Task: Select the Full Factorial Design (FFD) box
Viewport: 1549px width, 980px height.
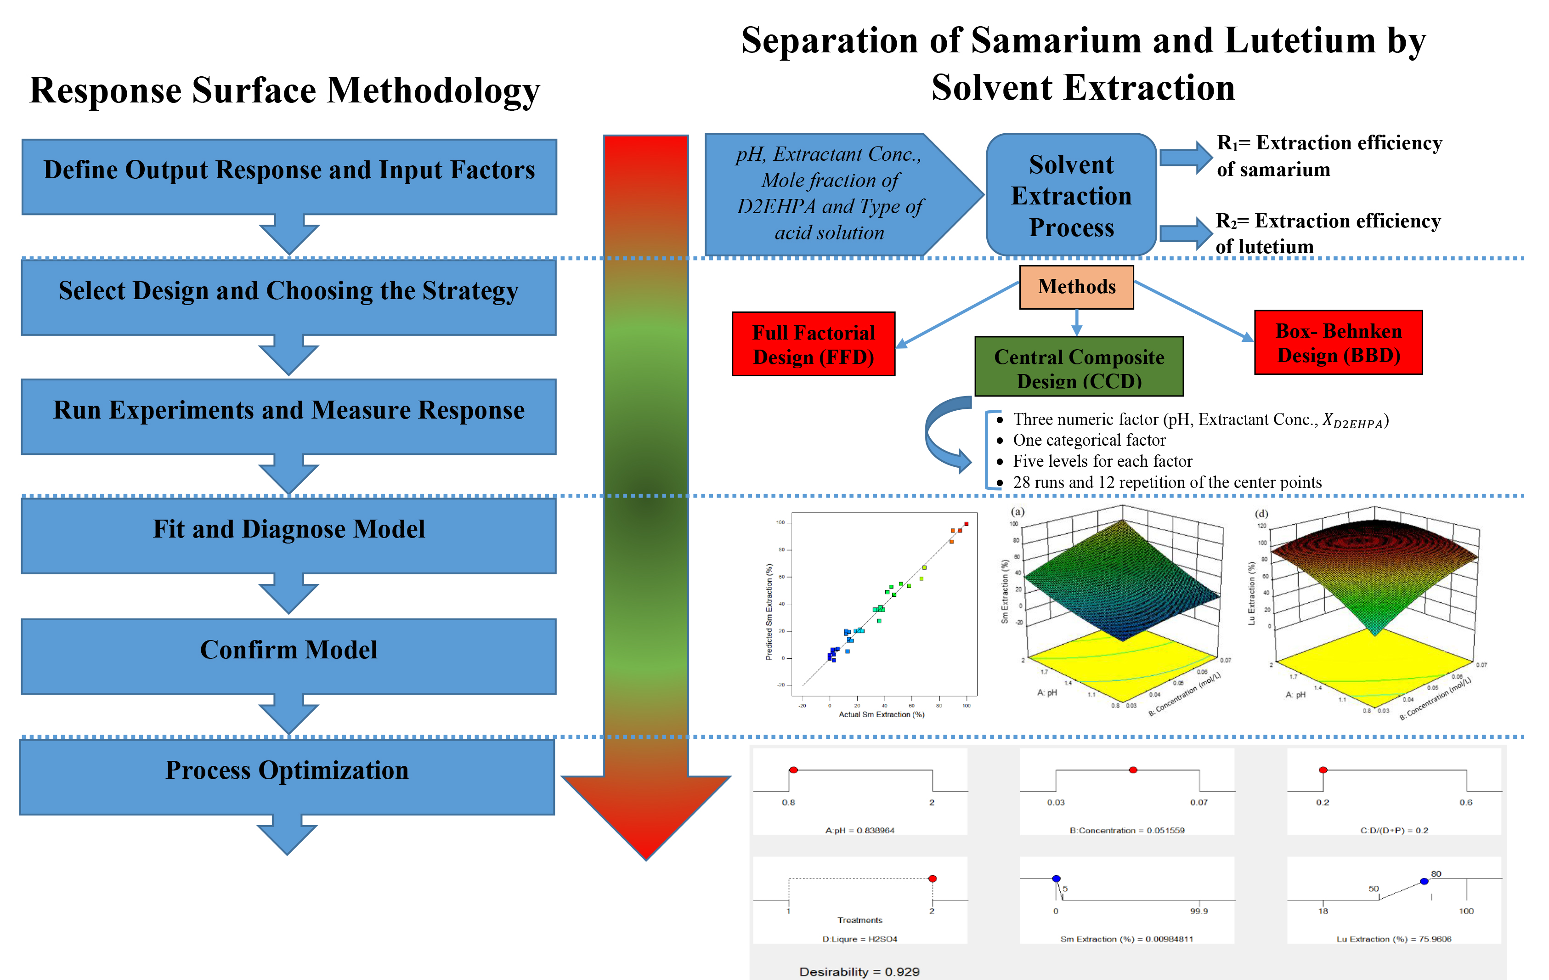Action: (x=813, y=344)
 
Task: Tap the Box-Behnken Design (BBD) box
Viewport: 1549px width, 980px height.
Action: (x=1338, y=342)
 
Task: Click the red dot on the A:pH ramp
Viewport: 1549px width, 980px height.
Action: (x=794, y=770)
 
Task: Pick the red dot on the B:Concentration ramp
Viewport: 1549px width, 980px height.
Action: (x=1133, y=770)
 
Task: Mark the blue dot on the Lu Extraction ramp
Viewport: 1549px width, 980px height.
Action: (x=1424, y=881)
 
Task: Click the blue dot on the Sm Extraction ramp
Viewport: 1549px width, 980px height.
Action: (x=1056, y=878)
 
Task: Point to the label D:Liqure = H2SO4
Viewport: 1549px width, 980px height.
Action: (x=859, y=939)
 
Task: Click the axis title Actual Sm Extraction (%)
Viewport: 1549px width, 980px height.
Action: (x=881, y=714)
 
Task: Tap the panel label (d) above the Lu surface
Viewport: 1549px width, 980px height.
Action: (x=1261, y=514)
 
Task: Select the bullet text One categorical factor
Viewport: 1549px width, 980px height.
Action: (x=1089, y=440)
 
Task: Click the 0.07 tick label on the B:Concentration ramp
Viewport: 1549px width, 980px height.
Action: (x=1198, y=802)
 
